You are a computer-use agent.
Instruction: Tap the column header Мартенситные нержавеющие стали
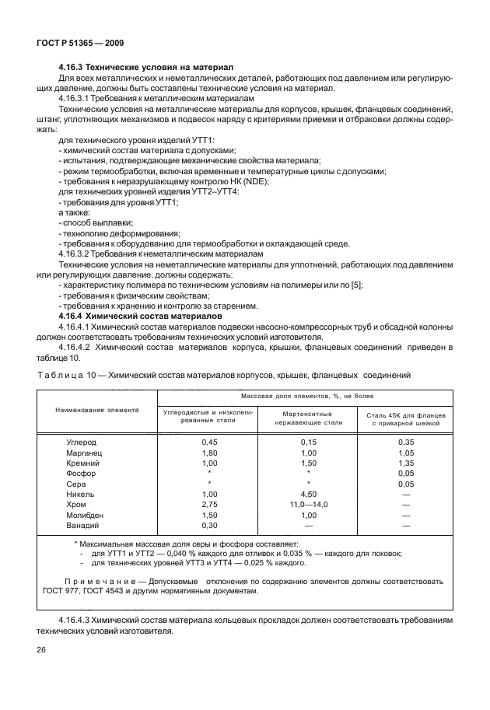308,418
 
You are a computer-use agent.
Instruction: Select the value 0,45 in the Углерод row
209,442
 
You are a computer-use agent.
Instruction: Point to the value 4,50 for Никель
309,494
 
